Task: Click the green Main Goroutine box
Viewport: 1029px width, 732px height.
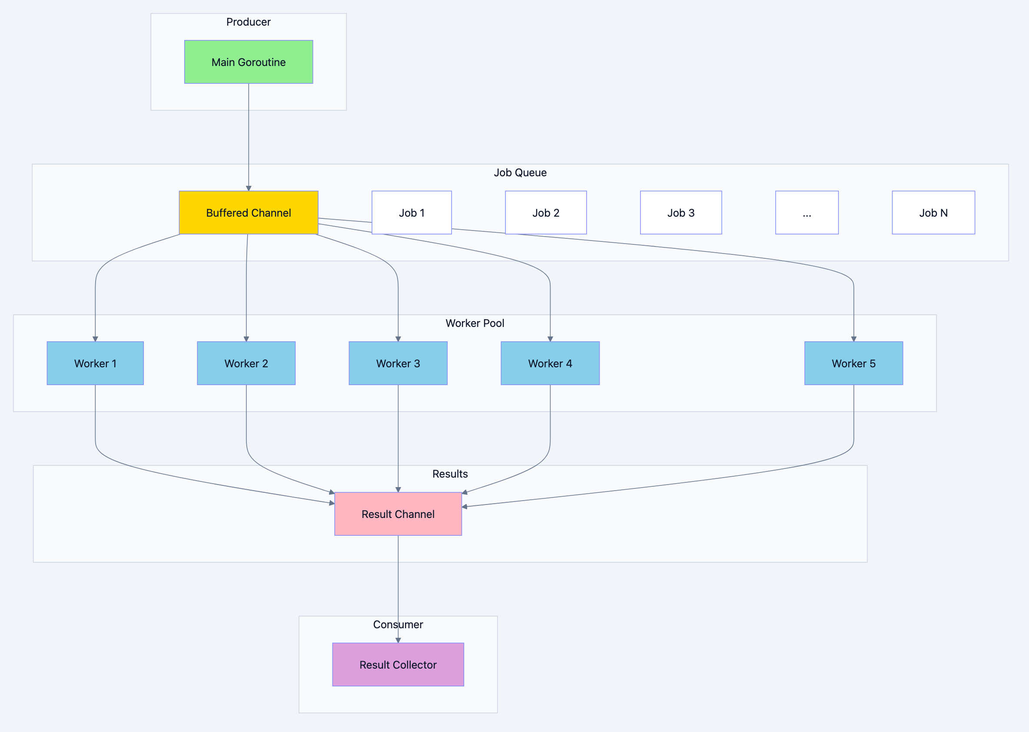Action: click(x=249, y=62)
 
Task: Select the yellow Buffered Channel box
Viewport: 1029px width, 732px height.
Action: click(x=249, y=212)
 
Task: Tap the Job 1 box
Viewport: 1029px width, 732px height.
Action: click(x=412, y=212)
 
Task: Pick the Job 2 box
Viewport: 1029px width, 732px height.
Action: click(x=545, y=212)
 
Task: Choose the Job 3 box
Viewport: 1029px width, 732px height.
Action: click(x=681, y=212)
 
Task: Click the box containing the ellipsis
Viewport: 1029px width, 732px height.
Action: click(x=807, y=212)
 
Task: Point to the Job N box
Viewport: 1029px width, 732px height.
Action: click(x=933, y=212)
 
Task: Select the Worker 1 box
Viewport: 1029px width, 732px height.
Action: click(x=95, y=363)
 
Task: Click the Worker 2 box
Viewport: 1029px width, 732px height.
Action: click(x=246, y=363)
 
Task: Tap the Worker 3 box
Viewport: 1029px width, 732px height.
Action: click(x=398, y=363)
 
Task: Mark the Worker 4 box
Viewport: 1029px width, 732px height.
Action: click(x=550, y=363)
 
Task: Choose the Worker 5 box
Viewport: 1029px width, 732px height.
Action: click(x=853, y=363)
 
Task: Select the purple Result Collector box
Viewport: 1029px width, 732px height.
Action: click(x=398, y=664)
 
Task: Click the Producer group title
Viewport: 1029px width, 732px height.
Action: click(x=249, y=22)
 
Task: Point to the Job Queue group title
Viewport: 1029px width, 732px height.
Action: click(x=520, y=172)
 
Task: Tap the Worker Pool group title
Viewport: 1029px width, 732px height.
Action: click(x=475, y=323)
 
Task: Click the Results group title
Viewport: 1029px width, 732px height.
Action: click(x=450, y=473)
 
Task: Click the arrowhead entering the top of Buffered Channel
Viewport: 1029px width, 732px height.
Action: click(x=249, y=188)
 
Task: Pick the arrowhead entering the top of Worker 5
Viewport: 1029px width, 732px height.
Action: click(x=853, y=339)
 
